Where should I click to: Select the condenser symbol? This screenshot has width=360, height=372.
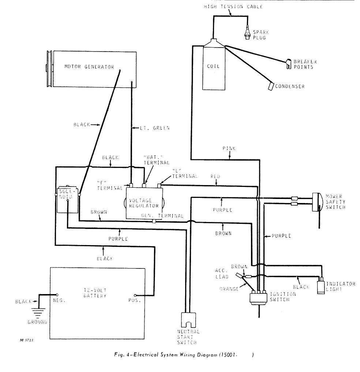(271, 86)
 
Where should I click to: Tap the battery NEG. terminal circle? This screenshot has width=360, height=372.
(57, 294)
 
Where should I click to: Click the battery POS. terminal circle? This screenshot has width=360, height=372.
(135, 296)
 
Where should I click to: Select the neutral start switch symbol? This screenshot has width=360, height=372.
(189, 320)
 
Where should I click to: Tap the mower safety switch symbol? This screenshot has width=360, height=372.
(317, 202)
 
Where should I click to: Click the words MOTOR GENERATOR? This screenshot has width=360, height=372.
(89, 67)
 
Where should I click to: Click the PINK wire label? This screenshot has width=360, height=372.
(229, 149)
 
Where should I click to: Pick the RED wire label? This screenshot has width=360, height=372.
(215, 177)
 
